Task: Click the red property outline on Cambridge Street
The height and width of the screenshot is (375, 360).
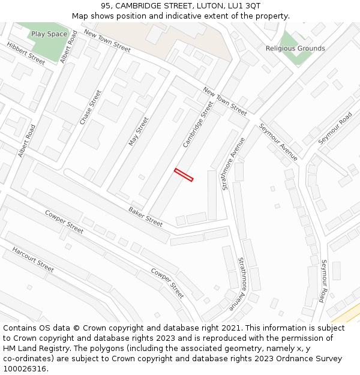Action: coord(184,175)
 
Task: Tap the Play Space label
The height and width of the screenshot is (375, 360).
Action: coord(49,34)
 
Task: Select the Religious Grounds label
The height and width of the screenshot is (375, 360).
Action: coord(295,49)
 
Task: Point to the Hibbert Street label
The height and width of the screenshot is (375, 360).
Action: coord(26,53)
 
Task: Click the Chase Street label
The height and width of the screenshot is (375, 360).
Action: coord(91,107)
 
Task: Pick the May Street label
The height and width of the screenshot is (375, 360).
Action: coord(139,131)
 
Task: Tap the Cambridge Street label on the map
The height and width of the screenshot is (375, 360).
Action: coord(198,125)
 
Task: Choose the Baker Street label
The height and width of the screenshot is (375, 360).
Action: coord(145,217)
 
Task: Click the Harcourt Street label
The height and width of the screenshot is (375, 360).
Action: coord(33,259)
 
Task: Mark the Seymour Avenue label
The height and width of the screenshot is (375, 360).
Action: coord(278,142)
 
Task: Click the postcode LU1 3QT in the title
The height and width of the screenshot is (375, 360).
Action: coord(244,5)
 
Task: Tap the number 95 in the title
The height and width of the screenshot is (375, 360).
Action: coord(106,5)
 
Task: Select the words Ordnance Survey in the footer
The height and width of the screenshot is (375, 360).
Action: coord(313,359)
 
